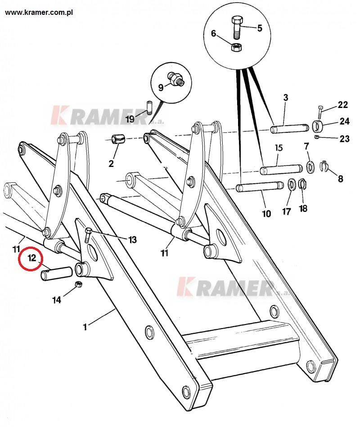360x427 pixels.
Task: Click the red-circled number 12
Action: (32, 258)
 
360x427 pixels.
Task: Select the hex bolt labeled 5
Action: (236, 27)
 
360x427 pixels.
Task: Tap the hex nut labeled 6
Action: (236, 47)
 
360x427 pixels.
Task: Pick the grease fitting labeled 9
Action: (176, 78)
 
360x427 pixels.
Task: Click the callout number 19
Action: (130, 119)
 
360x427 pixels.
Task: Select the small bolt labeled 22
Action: (320, 112)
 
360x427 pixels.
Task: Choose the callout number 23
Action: (345, 139)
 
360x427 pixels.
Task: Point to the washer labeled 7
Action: (310, 167)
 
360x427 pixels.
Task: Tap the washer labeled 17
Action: (292, 184)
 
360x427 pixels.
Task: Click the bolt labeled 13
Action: (88, 235)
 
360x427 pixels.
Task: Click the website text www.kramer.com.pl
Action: (39, 13)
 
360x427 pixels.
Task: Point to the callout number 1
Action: (85, 327)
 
